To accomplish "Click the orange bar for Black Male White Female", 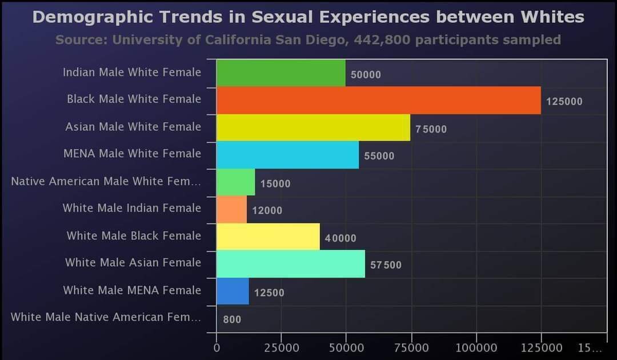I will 378,101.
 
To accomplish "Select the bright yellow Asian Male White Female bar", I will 313,127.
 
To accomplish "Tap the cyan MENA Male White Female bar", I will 287,155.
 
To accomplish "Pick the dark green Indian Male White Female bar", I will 281,73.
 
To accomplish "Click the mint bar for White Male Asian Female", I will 290,264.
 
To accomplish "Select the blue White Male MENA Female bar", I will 233,291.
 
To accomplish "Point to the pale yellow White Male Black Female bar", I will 268,237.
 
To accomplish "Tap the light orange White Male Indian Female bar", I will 231,209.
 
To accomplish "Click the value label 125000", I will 564,102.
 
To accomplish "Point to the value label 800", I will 232,320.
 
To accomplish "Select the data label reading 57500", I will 386,266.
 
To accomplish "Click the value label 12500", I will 269,293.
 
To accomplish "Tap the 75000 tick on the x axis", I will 412,347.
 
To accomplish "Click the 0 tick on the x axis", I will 217,347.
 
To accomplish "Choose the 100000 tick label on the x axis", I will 476,347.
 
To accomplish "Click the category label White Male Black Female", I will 134,235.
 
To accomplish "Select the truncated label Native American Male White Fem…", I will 106,182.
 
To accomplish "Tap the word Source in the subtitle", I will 81,40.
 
